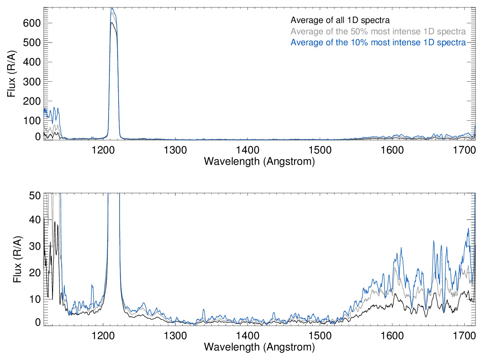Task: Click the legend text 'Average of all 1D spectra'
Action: click(x=340, y=21)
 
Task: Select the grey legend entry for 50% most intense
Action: click(x=378, y=31)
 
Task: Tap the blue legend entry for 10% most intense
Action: click(x=378, y=42)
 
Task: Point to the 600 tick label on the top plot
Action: click(x=32, y=23)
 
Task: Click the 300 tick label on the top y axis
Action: click(x=32, y=82)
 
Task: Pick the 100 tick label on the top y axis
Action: click(x=32, y=121)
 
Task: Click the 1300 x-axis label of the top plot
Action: click(x=176, y=150)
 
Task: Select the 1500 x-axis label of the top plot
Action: click(x=320, y=150)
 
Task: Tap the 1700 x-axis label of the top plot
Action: click(x=464, y=150)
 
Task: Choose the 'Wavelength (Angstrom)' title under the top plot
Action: click(x=259, y=162)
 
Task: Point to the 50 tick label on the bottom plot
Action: click(x=35, y=195)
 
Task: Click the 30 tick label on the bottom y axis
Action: click(x=35, y=246)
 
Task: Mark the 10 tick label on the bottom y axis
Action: click(x=35, y=299)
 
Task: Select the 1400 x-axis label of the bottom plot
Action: click(x=248, y=336)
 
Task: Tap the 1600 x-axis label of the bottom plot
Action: click(x=392, y=336)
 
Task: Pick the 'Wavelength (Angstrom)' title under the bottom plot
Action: click(x=259, y=347)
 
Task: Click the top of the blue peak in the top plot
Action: click(x=112, y=8)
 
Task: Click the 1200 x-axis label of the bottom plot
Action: click(x=103, y=336)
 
